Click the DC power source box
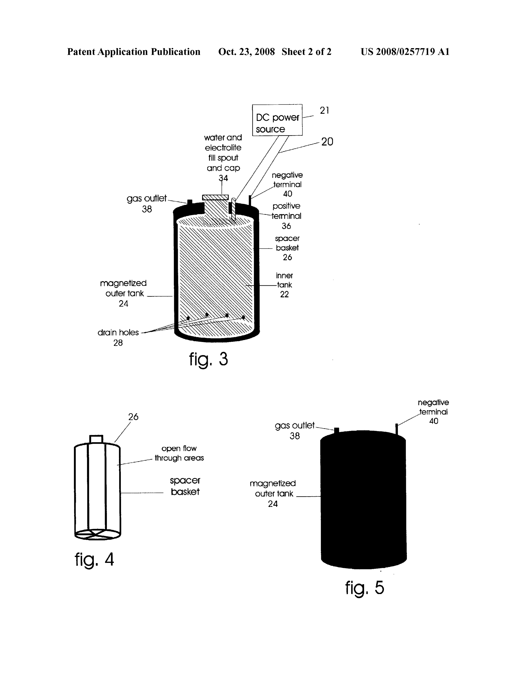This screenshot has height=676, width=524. click(277, 120)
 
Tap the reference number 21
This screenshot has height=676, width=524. click(324, 110)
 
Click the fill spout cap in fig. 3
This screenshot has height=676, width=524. click(215, 197)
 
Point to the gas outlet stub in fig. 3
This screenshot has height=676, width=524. click(190, 202)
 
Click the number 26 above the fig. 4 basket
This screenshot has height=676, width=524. click(133, 417)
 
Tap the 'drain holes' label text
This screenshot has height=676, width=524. click(118, 332)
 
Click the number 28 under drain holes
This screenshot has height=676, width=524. click(118, 343)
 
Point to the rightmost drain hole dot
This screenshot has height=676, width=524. click(243, 317)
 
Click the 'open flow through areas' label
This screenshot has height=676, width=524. click(179, 453)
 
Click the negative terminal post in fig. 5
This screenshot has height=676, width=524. click(396, 429)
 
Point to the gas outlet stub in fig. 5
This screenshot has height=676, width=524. click(337, 430)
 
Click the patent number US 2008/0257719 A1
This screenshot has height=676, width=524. click(405, 52)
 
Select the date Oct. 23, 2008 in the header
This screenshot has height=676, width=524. click(246, 52)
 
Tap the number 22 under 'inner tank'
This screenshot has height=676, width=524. click(284, 294)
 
